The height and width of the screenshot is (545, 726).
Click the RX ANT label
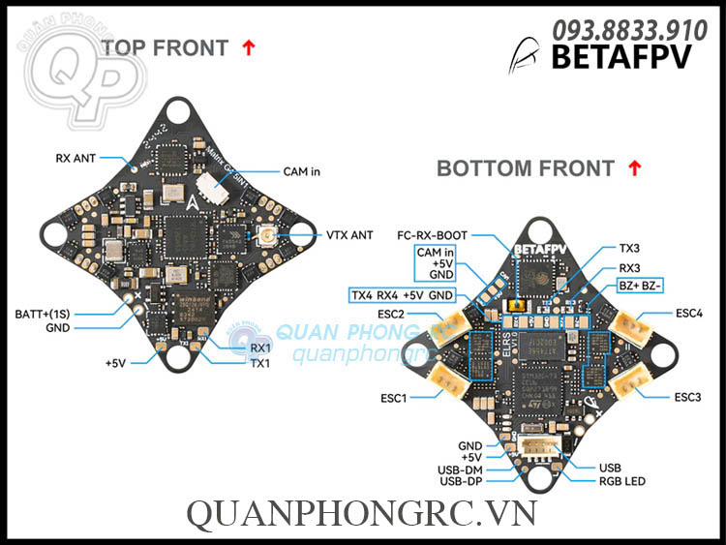point(76,157)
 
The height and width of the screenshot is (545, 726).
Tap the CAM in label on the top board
point(301,171)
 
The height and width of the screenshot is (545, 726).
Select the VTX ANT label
point(349,233)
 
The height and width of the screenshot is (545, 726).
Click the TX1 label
point(260,364)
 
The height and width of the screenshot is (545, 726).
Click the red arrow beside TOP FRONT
point(249,46)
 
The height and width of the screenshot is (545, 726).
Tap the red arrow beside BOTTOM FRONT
point(635,167)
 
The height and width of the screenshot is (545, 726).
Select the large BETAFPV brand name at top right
point(620,58)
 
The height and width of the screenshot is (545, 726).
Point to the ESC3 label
point(687,397)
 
